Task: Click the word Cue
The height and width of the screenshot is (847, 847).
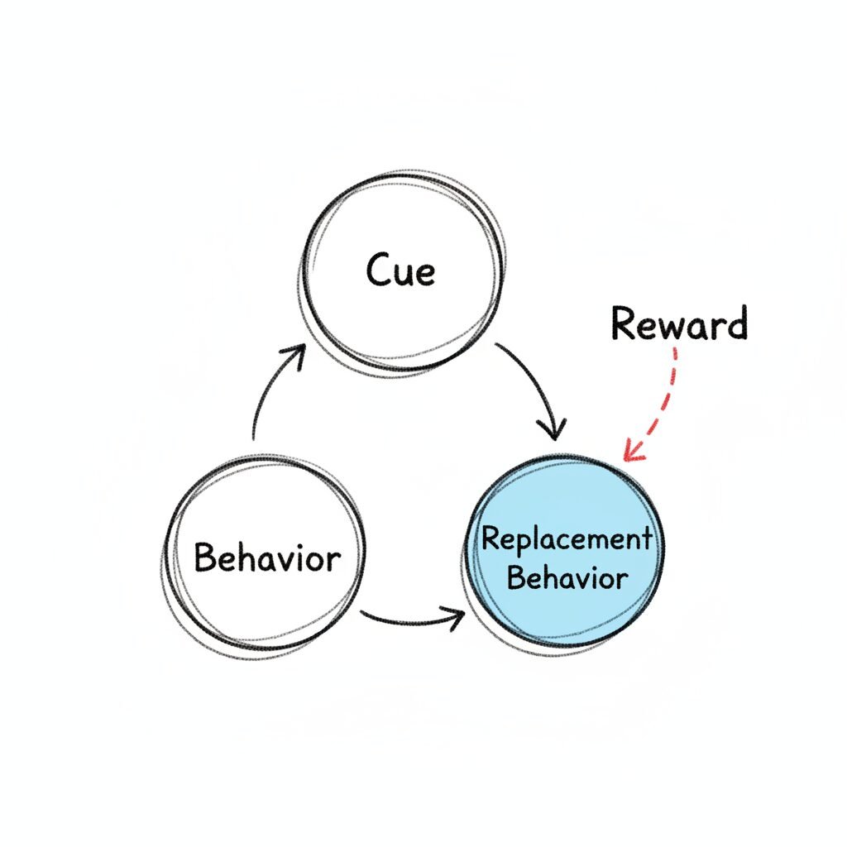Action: click(400, 271)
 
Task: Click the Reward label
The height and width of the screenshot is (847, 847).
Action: click(679, 324)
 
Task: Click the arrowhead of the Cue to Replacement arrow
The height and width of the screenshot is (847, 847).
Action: click(553, 430)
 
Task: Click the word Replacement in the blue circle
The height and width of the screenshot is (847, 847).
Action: click(566, 539)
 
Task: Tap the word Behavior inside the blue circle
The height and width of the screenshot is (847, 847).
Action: click(567, 577)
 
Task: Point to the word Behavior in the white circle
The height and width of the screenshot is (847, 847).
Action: click(266, 558)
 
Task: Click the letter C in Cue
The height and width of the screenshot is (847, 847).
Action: click(377, 271)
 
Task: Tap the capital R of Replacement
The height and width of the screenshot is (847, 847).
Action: click(491, 538)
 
